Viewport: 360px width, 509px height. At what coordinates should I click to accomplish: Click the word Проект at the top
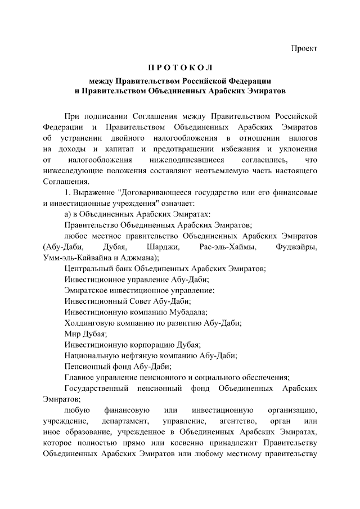click(304, 48)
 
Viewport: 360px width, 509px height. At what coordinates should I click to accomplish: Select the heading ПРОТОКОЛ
click(180, 68)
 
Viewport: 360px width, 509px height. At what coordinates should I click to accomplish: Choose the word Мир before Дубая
click(73, 334)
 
